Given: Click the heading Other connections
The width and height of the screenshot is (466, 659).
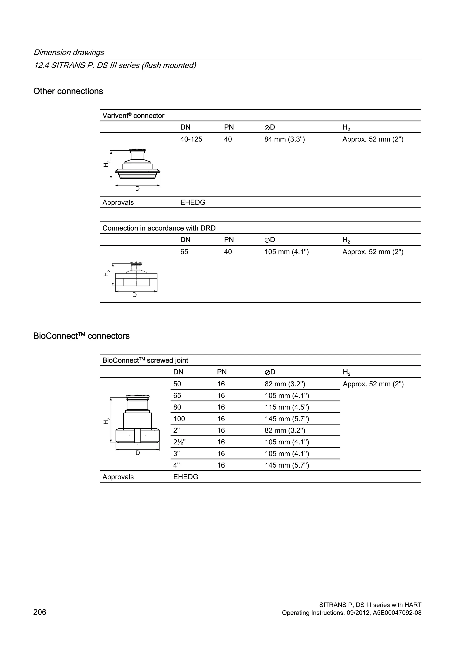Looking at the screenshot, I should coord(68,91).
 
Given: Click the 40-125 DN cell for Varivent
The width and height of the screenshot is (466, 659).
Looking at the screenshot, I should coord(191,139).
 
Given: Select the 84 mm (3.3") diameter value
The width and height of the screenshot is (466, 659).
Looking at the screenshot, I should coord(284,139).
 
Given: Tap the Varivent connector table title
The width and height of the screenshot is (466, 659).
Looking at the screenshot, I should coord(133,116).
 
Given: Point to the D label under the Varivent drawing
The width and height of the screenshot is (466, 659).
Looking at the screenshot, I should coord(137,189).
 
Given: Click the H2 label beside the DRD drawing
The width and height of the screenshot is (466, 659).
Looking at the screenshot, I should coord(106,273).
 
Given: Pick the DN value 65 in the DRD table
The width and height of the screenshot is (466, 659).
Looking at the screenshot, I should coord(184,252).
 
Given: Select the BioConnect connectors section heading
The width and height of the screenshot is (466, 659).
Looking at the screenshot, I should coord(81,336).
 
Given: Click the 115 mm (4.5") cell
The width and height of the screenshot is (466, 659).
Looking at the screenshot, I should coord(287,407).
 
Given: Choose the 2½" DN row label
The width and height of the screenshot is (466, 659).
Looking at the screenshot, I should coord(179,442).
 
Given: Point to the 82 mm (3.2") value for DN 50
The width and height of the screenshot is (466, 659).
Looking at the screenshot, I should coord(285,384).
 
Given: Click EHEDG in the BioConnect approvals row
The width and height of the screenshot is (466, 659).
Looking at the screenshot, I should coord(186,477).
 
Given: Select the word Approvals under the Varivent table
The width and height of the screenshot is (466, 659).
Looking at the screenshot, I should coord(118,202).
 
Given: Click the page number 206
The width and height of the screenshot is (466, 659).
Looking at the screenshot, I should coord(40,613).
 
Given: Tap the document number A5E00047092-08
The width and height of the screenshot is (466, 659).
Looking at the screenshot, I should coord(397,613).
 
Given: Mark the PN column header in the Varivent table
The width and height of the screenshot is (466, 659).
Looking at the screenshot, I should coord(229,127).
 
